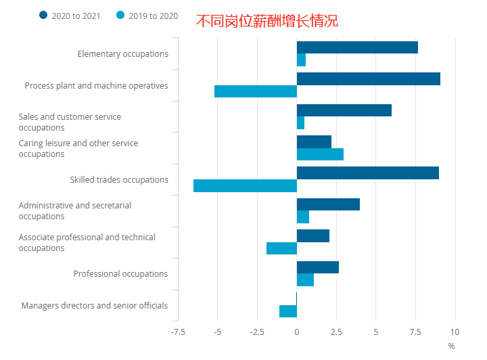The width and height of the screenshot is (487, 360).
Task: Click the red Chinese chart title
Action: [266, 21]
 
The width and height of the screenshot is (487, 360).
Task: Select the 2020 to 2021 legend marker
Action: [44, 16]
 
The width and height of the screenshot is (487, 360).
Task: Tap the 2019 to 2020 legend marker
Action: [121, 16]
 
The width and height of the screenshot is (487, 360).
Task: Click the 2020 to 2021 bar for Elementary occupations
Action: [357, 47]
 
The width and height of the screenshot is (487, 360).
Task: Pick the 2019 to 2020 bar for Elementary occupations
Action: [302, 60]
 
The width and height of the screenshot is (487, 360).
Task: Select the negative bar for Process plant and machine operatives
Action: [256, 91]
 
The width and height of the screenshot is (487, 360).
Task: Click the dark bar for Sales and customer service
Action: [344, 110]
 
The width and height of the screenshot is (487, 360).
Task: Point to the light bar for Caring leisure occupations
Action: [320, 154]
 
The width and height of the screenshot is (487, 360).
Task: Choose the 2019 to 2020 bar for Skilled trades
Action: [245, 186]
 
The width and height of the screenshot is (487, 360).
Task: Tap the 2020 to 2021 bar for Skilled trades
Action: [368, 173]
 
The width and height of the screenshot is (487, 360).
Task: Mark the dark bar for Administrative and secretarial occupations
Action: [328, 204]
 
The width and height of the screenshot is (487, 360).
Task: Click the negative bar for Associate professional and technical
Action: [281, 248]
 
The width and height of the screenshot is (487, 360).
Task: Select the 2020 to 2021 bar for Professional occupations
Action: [318, 267]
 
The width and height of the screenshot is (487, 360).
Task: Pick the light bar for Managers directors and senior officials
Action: [288, 311]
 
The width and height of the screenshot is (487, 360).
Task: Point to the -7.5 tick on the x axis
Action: [178, 332]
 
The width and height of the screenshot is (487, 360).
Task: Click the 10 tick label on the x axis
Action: [455, 332]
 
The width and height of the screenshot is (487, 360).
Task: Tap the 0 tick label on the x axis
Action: [297, 332]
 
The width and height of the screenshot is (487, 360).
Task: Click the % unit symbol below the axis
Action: [451, 346]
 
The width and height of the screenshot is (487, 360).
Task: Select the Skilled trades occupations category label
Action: [119, 180]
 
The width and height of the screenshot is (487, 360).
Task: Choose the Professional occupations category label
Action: [120, 274]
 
